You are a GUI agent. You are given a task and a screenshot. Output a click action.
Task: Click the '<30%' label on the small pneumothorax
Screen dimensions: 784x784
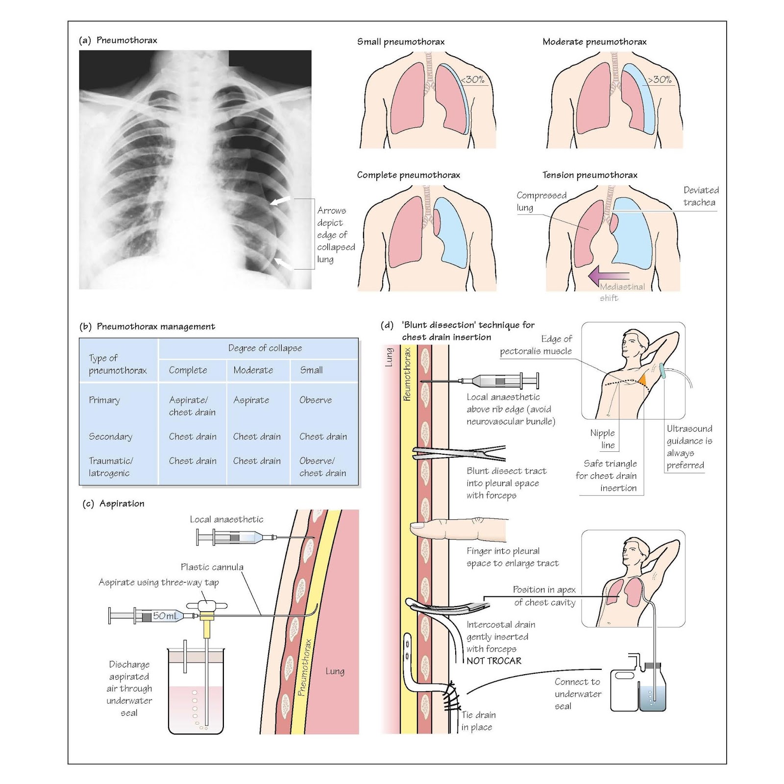[x=473, y=79]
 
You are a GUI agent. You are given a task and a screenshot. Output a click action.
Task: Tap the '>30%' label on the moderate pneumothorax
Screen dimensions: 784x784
[x=660, y=79]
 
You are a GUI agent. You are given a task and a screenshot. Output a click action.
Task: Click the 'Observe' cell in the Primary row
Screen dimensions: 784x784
[x=316, y=400]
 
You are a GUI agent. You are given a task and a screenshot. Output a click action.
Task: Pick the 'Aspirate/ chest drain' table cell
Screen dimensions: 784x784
[x=192, y=406]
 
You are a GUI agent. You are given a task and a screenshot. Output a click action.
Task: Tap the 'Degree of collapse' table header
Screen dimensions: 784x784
[x=265, y=348]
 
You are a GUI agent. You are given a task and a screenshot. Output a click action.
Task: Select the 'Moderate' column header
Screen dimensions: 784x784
[x=253, y=370]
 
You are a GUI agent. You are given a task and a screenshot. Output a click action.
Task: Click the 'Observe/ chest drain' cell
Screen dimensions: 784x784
[x=322, y=466]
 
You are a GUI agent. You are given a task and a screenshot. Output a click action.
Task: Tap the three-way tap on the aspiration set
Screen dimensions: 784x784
[x=207, y=607]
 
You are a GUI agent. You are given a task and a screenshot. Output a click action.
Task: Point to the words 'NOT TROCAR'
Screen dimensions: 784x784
[x=493, y=661]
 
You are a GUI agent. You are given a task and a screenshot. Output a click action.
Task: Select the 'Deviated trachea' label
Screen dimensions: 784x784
[x=701, y=196]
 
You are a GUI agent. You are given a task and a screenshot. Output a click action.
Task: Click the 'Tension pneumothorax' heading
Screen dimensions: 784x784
[x=589, y=175]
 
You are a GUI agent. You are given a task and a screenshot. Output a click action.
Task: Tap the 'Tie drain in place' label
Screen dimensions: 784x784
[x=478, y=721]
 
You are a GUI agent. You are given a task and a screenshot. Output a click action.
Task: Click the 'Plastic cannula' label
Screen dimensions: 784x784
[x=212, y=567]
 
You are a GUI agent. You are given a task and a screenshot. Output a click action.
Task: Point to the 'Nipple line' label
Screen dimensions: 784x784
[x=603, y=439]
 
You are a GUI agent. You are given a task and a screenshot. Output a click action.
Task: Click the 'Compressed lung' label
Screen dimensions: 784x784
[x=540, y=201]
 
